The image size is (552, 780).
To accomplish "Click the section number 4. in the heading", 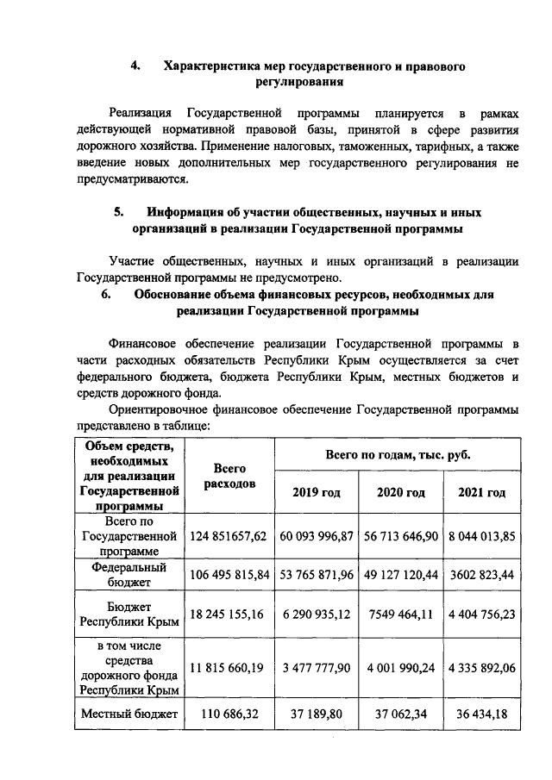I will pos(135,66).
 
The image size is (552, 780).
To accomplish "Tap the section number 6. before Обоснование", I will pos(107,294).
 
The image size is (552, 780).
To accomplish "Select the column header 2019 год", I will pos(316,492).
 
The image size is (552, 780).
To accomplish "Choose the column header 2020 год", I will pos(401,492).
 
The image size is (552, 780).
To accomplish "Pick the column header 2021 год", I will pos(482,492).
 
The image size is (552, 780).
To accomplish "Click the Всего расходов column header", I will pos(229,476).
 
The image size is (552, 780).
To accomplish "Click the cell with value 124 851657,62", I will pos(229,536).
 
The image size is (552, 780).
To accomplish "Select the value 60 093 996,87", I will pos(316,536).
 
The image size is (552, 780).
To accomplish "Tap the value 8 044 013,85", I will pos(482,536).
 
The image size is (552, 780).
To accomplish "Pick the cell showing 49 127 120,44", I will pos(401,575).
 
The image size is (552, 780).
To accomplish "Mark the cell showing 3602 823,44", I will pos(482,575).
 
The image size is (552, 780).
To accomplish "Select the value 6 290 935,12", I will pos(316,614).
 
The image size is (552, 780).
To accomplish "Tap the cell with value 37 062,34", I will pos(401,714).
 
